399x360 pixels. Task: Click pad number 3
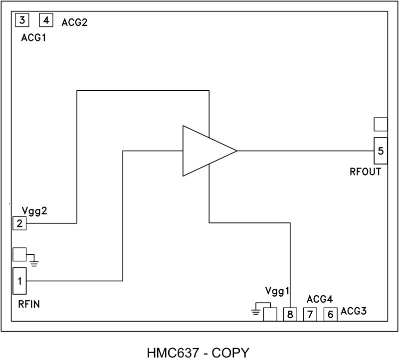pyautogui.click(x=22, y=20)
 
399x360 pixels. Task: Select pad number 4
pyautogui.click(x=46, y=20)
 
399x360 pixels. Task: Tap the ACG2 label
pyautogui.click(x=75, y=22)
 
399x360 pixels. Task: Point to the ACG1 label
pyautogui.click(x=34, y=38)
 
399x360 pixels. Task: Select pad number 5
pyautogui.click(x=381, y=151)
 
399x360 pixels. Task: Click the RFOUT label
pyautogui.click(x=366, y=173)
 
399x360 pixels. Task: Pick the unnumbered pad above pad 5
pyautogui.click(x=381, y=124)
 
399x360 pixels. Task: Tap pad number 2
pyautogui.click(x=19, y=223)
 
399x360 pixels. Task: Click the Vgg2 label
pyautogui.click(x=34, y=211)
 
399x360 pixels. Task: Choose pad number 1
pyautogui.click(x=19, y=281)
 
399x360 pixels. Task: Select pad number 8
pyautogui.click(x=290, y=315)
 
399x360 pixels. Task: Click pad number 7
pyautogui.click(x=310, y=315)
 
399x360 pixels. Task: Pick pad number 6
pyautogui.click(x=330, y=315)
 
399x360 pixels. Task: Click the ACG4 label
pyautogui.click(x=320, y=299)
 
